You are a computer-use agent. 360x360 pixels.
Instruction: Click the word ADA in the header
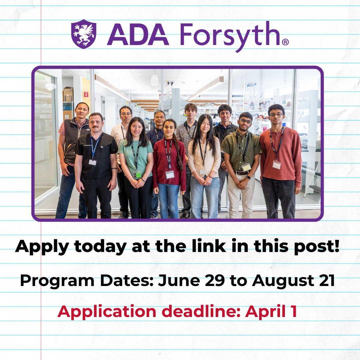(138, 34)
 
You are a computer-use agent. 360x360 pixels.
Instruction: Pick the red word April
(264, 312)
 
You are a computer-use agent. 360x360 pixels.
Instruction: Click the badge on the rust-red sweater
(276, 165)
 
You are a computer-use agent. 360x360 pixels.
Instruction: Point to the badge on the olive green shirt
(246, 167)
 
